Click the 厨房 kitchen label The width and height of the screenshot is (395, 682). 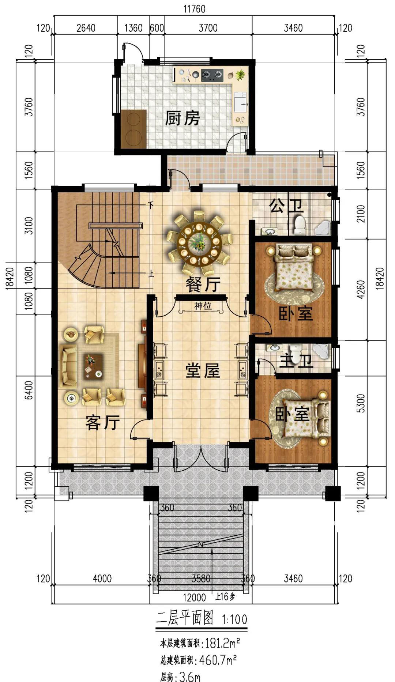182,118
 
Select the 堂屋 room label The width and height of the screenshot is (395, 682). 202,371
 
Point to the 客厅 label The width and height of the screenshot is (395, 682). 103,423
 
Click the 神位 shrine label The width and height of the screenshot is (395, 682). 203,306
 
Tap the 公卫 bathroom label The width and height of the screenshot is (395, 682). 286,206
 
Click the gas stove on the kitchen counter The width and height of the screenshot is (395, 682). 212,75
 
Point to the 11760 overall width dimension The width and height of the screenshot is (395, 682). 194,8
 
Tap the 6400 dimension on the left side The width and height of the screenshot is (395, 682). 29,390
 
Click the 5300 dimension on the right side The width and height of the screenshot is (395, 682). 361,403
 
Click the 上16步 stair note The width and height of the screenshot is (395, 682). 225,597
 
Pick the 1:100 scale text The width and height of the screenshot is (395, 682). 234,619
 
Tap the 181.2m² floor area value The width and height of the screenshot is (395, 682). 222,643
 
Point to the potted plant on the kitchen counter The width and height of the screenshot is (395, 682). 240,75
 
